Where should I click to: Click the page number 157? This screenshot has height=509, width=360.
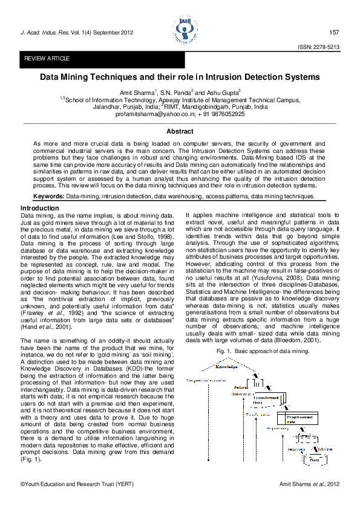334,32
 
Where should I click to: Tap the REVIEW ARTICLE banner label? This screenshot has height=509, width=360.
47,59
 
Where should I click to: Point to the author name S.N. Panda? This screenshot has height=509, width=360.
180,91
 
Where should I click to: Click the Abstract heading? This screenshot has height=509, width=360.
180,131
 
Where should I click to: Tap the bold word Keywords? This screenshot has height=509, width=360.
48,196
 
